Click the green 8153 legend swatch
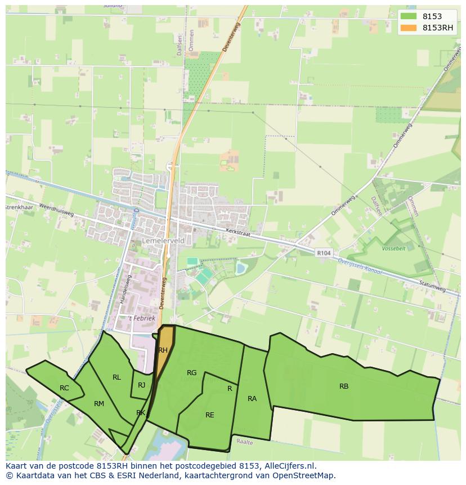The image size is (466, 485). [x=409, y=17]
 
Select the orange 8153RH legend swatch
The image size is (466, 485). [x=409, y=28]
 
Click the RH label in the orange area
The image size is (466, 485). [x=163, y=350]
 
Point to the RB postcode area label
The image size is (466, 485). [x=344, y=386]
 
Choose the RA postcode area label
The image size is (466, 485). [x=252, y=399]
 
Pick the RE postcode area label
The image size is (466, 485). [x=210, y=415]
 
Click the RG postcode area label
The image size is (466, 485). [x=192, y=373]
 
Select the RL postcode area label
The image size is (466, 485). [x=116, y=377]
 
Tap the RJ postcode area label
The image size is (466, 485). [x=142, y=385]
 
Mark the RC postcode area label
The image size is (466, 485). [x=64, y=388]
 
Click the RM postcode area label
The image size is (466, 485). [x=99, y=404]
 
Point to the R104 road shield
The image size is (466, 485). [x=324, y=253]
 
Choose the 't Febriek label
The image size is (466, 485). [x=142, y=318]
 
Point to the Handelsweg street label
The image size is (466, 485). [x=125, y=290]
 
